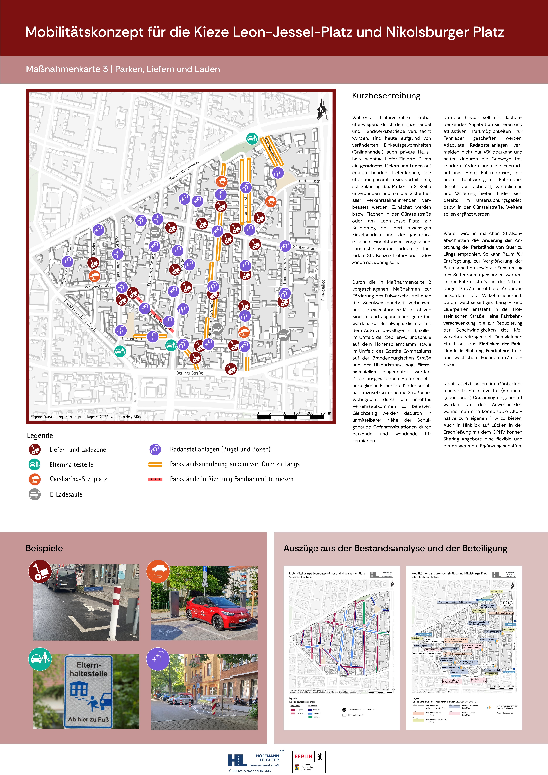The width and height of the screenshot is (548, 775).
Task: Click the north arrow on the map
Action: click(322, 109)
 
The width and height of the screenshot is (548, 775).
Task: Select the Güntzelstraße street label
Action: click(305, 247)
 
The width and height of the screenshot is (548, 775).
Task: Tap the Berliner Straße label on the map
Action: click(190, 373)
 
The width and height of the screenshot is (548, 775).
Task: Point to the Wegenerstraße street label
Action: click(98, 286)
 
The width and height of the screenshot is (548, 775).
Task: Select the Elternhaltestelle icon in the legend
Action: click(34, 464)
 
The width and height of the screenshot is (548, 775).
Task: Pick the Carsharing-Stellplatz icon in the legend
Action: click(34, 479)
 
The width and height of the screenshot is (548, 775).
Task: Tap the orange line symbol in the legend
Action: click(155, 464)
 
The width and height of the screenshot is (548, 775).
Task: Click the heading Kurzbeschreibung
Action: click(386, 96)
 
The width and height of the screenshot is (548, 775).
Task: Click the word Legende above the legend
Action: click(40, 436)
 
